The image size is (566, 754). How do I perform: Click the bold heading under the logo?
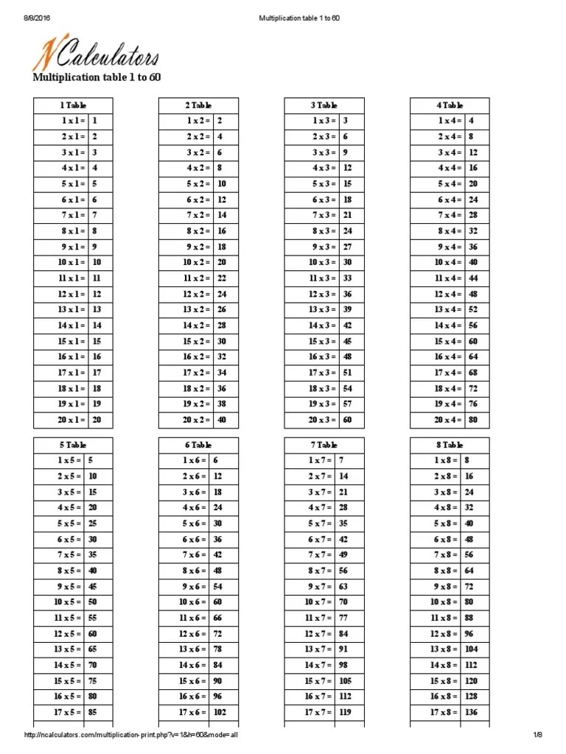click(x=97, y=78)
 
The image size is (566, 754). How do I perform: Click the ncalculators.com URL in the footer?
click(x=131, y=735)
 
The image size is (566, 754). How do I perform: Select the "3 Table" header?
click(x=324, y=105)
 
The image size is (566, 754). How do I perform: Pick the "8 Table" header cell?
click(x=450, y=445)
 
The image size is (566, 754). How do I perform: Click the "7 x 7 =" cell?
click(x=322, y=554)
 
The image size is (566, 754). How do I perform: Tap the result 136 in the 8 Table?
click(x=472, y=712)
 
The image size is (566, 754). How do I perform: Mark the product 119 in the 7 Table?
click(x=345, y=712)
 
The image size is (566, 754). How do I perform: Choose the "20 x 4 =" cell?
click(x=449, y=420)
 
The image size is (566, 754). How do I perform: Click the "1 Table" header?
click(x=73, y=105)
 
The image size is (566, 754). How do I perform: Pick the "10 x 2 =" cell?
click(x=196, y=262)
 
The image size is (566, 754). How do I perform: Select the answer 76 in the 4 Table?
click(x=472, y=404)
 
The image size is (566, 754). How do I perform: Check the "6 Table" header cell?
click(x=198, y=445)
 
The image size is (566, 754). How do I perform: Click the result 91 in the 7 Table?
click(x=343, y=649)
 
